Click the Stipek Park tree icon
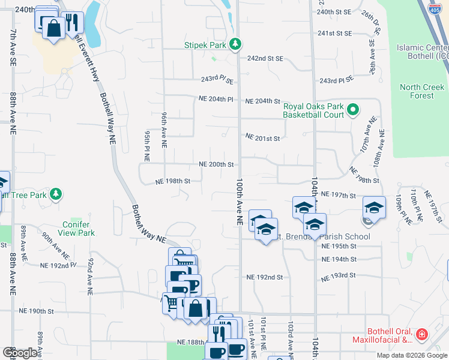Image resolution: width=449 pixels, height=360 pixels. pyautogui.click(x=236, y=44)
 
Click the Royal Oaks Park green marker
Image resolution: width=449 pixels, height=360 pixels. pyautogui.click(x=353, y=110)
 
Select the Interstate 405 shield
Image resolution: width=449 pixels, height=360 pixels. pyautogui.click(x=435, y=8)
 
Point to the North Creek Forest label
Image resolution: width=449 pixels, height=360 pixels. pyautogui.click(x=422, y=91)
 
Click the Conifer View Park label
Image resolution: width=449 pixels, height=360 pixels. pyautogui.click(x=79, y=229)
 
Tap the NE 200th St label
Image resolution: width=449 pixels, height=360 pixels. pyautogui.click(x=216, y=164)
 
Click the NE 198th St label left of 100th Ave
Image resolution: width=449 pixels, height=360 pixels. pyautogui.click(x=173, y=181)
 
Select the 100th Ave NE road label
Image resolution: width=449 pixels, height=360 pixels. pyautogui.click(x=239, y=201)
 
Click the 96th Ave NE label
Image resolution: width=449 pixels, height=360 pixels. pyautogui.click(x=163, y=129)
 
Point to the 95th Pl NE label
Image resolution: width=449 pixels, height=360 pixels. pyautogui.click(x=146, y=148)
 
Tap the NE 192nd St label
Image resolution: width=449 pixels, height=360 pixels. pyautogui.click(x=264, y=277)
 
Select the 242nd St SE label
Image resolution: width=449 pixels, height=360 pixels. pyautogui.click(x=265, y=58)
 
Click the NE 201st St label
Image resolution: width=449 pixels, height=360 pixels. pyautogui.click(x=263, y=139)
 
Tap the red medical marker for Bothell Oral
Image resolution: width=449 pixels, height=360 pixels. pyautogui.click(x=422, y=334)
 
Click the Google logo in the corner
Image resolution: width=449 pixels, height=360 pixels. pyautogui.click(x=20, y=353)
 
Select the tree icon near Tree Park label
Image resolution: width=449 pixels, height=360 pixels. pyautogui.click(x=56, y=194)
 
